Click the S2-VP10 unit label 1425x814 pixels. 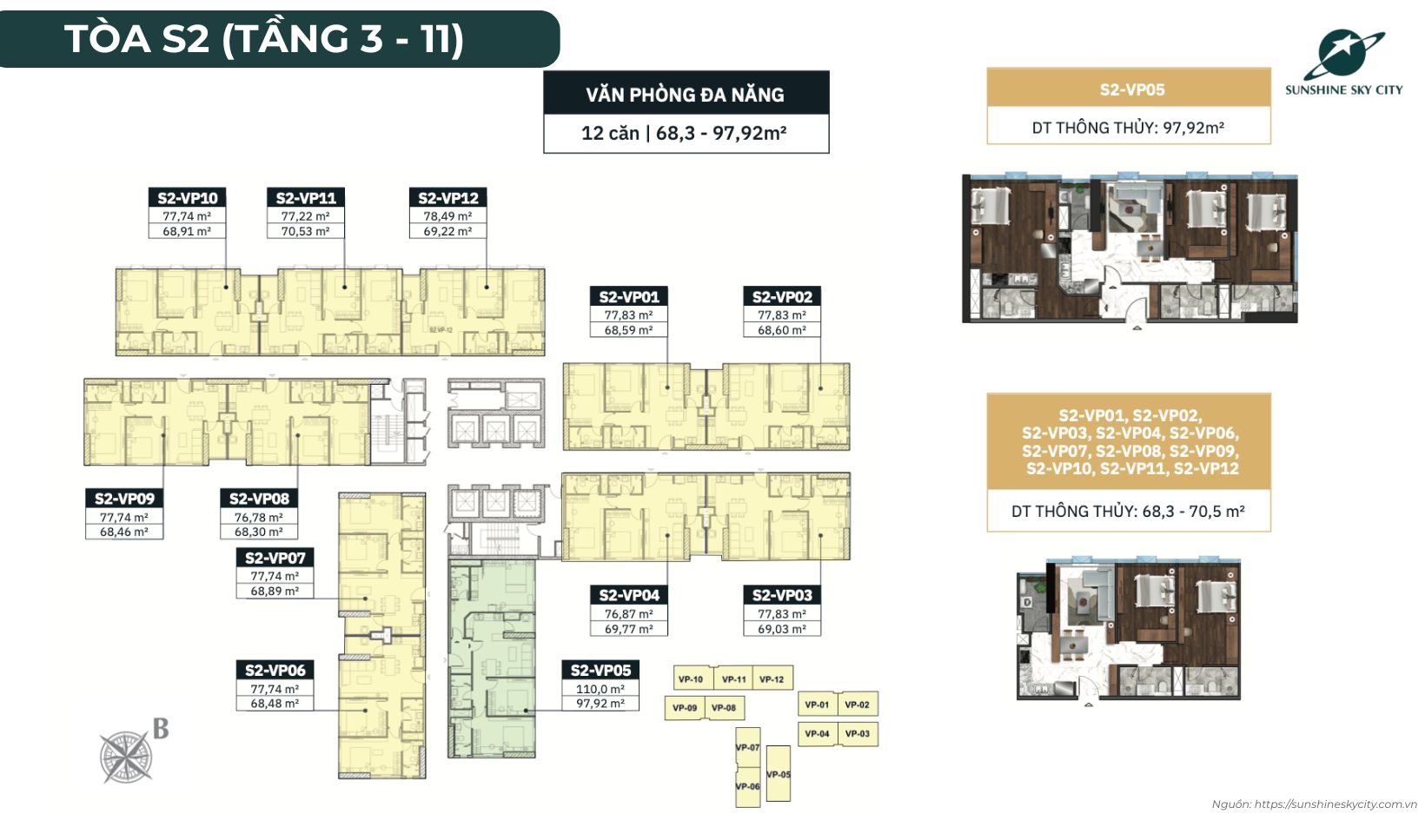pos(187,198)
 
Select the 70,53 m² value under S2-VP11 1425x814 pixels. pos(305,231)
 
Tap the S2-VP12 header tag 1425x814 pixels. pos(447,198)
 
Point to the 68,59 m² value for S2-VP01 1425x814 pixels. pos(628,330)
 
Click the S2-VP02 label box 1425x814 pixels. pos(782,297)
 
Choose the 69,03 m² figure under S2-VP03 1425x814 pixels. pos(782,629)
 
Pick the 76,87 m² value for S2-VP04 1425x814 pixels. pos(628,613)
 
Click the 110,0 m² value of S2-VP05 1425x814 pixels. pos(600,689)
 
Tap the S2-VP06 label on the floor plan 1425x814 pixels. pos(275,670)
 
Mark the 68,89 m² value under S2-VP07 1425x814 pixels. pos(275,591)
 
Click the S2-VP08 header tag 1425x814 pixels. pos(259,499)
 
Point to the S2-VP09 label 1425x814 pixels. pos(124,499)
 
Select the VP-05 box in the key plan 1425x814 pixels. pos(779,774)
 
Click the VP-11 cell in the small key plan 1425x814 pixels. pos(734,679)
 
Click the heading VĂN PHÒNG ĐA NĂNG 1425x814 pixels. pos(686,94)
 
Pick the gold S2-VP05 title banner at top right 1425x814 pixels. pos(1129,89)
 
